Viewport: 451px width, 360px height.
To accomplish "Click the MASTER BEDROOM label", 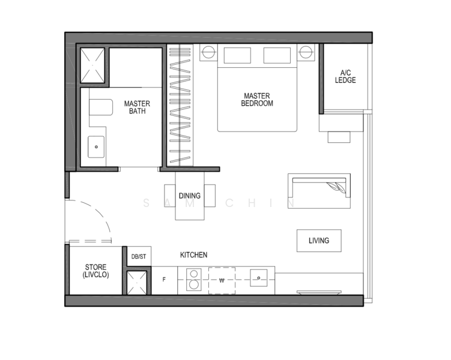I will pyautogui.click(x=257, y=100).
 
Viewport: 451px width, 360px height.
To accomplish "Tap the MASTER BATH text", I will pyautogui.click(x=137, y=107).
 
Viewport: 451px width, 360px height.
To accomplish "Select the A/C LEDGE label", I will pyautogui.click(x=345, y=76).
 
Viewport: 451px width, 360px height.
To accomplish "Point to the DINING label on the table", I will pyautogui.click(x=189, y=196).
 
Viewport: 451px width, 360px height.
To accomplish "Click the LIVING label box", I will pyautogui.click(x=319, y=241).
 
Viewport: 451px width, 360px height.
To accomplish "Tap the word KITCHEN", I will pyautogui.click(x=193, y=255).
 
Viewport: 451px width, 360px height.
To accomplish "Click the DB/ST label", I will pyautogui.click(x=138, y=257).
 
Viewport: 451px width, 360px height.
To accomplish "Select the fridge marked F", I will pyautogui.click(x=164, y=280).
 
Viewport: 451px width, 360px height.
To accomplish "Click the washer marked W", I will pyautogui.click(x=221, y=280).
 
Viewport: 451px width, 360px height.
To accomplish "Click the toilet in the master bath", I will pyautogui.click(x=100, y=108).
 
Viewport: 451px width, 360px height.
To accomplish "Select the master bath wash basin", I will pyautogui.click(x=96, y=146).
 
